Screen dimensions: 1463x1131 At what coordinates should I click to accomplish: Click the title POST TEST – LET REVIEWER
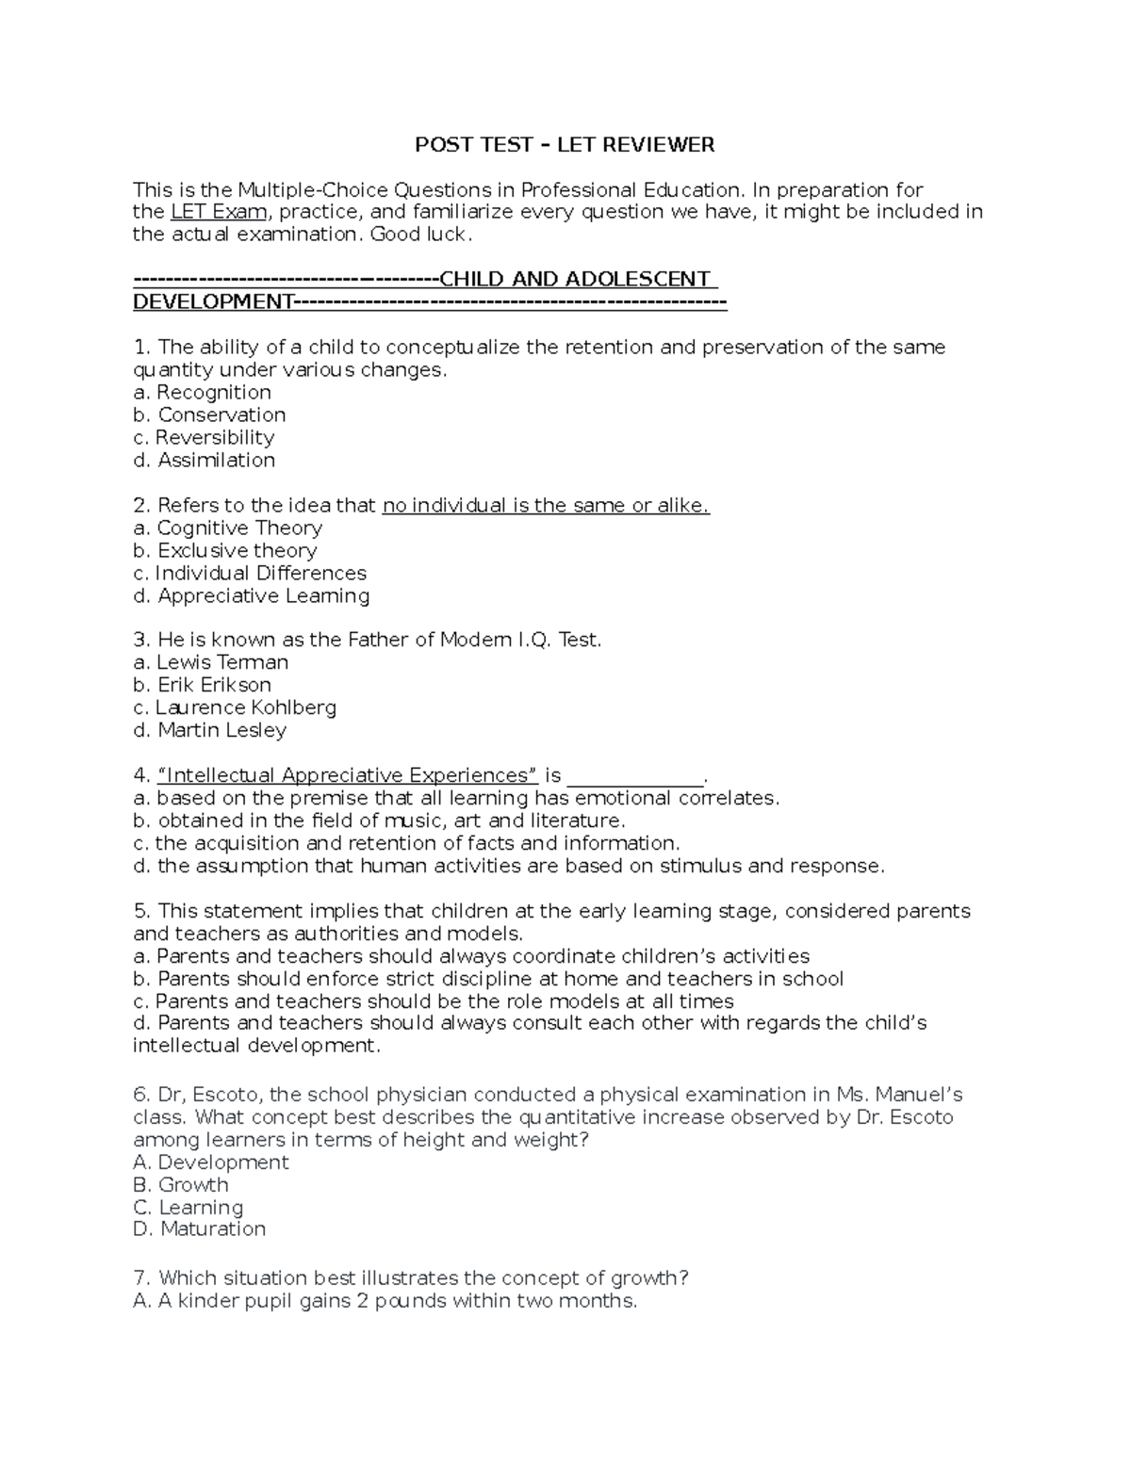565,144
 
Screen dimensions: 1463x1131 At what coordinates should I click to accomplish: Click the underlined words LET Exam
219,211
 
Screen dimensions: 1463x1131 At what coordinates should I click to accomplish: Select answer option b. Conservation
209,415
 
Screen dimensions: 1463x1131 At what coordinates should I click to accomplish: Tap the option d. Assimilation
205,460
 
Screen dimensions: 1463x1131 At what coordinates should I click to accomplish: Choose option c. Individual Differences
250,573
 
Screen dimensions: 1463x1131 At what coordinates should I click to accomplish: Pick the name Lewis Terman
211,661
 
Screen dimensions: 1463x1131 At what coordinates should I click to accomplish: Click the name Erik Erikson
202,684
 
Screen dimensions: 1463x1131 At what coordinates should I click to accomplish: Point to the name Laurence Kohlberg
235,707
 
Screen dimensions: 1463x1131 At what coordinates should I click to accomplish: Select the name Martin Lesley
209,729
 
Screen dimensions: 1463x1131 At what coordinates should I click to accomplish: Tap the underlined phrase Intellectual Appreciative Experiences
349,775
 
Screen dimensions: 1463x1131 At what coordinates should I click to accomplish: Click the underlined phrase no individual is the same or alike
546,505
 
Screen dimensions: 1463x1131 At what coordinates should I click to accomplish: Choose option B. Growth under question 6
181,1184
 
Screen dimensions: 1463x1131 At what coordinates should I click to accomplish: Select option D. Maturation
200,1228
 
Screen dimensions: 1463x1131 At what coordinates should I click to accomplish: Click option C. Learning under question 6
188,1207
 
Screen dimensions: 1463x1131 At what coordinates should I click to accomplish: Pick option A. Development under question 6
211,1162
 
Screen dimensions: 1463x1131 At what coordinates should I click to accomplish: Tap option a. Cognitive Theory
227,528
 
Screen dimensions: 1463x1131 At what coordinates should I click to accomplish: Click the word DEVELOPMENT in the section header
212,301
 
